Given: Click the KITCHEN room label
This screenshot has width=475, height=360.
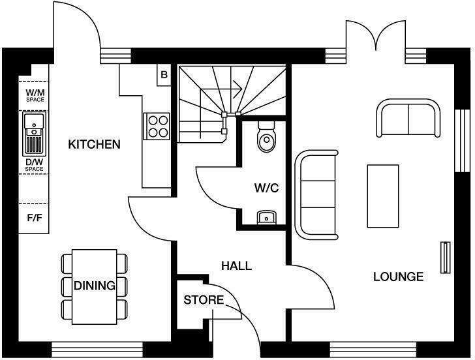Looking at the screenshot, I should (94, 144).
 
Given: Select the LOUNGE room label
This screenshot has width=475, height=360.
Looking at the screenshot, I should (398, 277).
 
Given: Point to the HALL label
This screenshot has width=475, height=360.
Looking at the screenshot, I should (236, 266).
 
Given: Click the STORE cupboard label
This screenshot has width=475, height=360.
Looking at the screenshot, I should (203, 301).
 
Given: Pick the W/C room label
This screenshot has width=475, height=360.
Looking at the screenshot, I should (266, 188).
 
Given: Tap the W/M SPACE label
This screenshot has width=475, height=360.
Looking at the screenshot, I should (35, 95).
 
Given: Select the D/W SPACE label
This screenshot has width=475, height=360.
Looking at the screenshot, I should (35, 165).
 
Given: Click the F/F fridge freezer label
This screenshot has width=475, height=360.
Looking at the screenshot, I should (35, 218).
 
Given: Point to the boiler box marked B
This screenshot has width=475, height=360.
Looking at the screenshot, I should (164, 74).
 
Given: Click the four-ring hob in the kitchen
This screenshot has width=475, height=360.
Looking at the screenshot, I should (157, 125).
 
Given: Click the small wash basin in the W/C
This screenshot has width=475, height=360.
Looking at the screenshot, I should (266, 217).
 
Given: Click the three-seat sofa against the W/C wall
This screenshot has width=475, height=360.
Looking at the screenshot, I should (317, 194).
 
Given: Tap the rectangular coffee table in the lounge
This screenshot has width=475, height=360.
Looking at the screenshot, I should (383, 196).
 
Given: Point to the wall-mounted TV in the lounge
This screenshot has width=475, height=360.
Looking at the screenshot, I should (446, 258).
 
